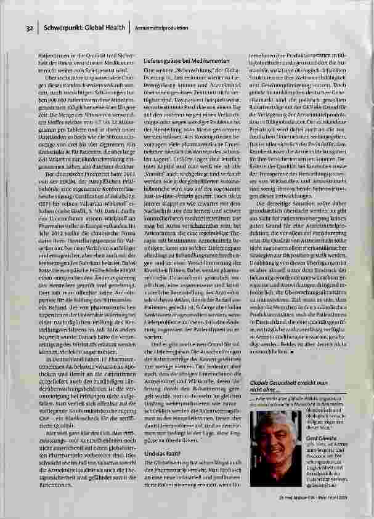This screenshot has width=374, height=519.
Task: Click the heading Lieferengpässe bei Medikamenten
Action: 187,62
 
